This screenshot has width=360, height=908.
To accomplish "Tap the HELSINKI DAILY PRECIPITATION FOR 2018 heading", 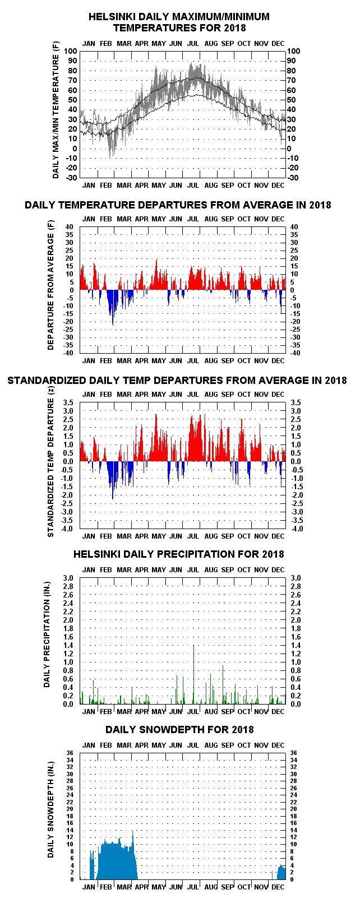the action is point(179,554).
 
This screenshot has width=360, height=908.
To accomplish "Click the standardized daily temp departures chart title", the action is point(177,380).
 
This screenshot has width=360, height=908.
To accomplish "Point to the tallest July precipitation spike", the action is point(194,674).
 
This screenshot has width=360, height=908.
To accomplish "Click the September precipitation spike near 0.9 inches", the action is point(223,685).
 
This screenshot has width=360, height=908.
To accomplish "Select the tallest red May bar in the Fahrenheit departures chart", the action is point(156,274).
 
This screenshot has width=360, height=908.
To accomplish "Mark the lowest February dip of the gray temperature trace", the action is point(110,157).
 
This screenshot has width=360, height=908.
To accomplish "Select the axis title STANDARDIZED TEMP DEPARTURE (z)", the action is point(50,462).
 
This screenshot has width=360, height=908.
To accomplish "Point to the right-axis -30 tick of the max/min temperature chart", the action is point(293,178).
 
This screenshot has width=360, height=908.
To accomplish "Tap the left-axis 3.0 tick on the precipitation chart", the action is point(68,578).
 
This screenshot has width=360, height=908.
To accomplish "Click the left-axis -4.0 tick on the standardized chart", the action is point(67,529).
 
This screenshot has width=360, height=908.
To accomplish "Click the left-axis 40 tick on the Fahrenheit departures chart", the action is point(70,227).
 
